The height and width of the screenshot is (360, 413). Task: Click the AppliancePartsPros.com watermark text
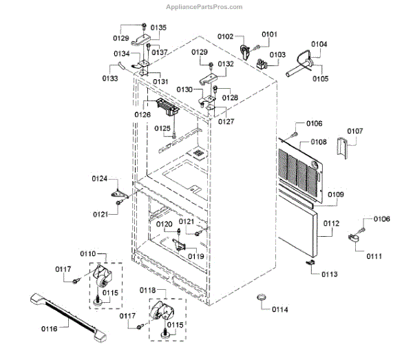[x=204, y=7]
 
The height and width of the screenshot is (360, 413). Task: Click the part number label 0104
[x=319, y=45]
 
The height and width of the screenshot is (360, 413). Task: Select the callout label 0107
[x=355, y=131]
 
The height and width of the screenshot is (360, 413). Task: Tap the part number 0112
[x=332, y=223]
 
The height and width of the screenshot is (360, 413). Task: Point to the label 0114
[x=279, y=309]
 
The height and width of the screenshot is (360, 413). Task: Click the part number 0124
[x=100, y=179]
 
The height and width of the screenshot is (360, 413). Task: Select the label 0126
[x=143, y=114]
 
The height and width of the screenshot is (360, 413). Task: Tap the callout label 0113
[x=329, y=273]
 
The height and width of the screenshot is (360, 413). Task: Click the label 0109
[x=335, y=195]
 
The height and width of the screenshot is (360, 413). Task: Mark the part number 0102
[x=226, y=36]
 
